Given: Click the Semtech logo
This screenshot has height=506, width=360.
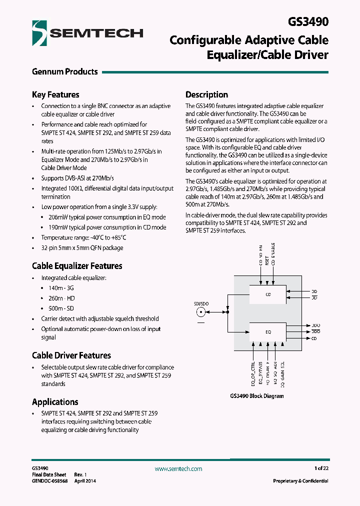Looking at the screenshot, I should tap(87, 33).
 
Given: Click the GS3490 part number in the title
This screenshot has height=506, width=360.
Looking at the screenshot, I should tap(308, 22).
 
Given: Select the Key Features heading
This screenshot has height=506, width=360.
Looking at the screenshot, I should tap(55, 94).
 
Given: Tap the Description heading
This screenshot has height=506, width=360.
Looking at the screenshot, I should tap(206, 94).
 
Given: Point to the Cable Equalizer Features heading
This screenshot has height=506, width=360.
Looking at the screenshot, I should tap(77, 266).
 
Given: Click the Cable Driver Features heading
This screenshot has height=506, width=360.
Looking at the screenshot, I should tap(71, 355).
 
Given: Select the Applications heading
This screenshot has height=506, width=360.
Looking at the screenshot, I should tap(55, 402).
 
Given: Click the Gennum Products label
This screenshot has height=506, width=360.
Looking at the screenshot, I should tap(64, 71).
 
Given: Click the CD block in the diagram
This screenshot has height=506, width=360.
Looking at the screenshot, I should tap(268, 295).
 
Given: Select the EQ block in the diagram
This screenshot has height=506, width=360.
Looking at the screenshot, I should tap(268, 331).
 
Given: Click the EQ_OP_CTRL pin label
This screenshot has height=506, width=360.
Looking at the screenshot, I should tap(253, 373).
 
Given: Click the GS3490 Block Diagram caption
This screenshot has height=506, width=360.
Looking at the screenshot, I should tap(256, 396).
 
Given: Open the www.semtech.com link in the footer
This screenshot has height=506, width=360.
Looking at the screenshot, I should tap(178, 469).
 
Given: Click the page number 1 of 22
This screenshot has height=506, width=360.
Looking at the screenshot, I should tap(321, 468).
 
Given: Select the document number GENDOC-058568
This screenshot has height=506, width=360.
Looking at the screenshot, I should tap(49, 481).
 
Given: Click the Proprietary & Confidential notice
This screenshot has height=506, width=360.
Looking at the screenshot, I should tap(300, 481).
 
